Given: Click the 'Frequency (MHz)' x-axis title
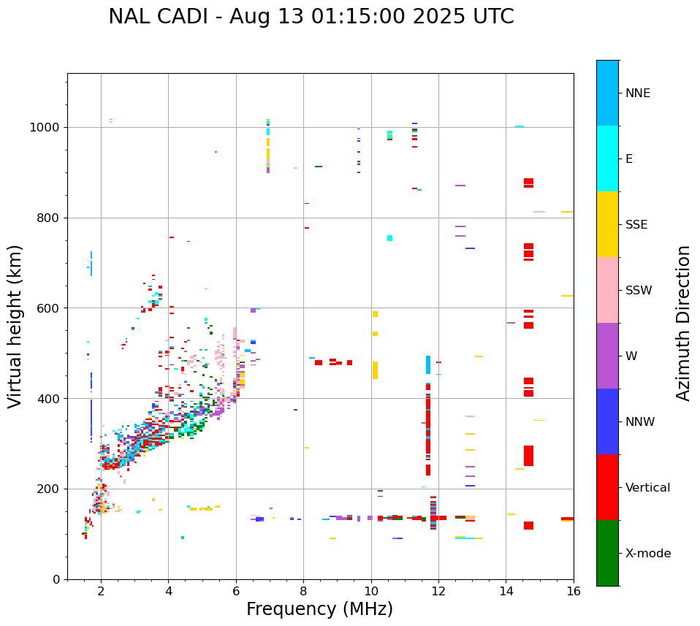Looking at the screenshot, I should tap(319, 609).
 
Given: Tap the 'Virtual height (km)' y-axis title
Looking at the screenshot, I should tap(15, 326).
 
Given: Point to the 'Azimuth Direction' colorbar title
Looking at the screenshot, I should tap(683, 322).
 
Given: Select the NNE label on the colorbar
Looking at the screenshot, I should tap(637, 93).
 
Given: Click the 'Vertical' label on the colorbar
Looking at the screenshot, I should tap(647, 488).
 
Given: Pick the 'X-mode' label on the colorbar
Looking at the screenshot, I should tap(647, 554).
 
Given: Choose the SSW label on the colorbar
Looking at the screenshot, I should tap(639, 291).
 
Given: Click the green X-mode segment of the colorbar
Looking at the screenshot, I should tap(607, 553).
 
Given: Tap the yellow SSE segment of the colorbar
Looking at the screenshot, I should tap(607, 224).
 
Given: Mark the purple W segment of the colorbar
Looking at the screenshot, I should tap(607, 356).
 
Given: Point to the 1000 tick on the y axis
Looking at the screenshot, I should tap(47, 128).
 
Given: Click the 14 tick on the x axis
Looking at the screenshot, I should tap(506, 591).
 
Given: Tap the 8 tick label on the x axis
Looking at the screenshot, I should tap(303, 591).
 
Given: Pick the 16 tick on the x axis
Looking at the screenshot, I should tap(574, 591).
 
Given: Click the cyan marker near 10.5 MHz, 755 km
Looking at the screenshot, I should tap(390, 238).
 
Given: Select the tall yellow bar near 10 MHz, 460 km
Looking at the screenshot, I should tap(376, 370).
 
